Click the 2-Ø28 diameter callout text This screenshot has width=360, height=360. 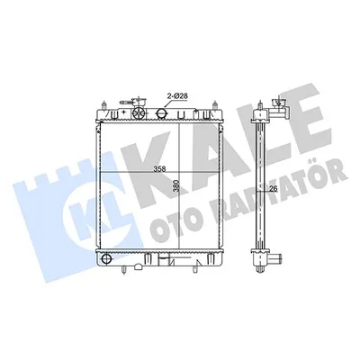tap(177, 96)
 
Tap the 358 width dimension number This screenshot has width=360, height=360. tap(159, 169)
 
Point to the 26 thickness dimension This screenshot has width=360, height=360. tap(273, 189)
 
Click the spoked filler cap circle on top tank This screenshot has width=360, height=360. tap(139, 113)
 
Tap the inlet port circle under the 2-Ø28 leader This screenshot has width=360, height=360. tap(161, 113)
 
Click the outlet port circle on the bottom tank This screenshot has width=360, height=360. tap(106, 258)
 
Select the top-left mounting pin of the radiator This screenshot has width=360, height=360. tap(103, 106)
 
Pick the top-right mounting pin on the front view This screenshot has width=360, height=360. tap(215, 106)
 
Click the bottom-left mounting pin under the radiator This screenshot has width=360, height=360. tap(123, 269)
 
